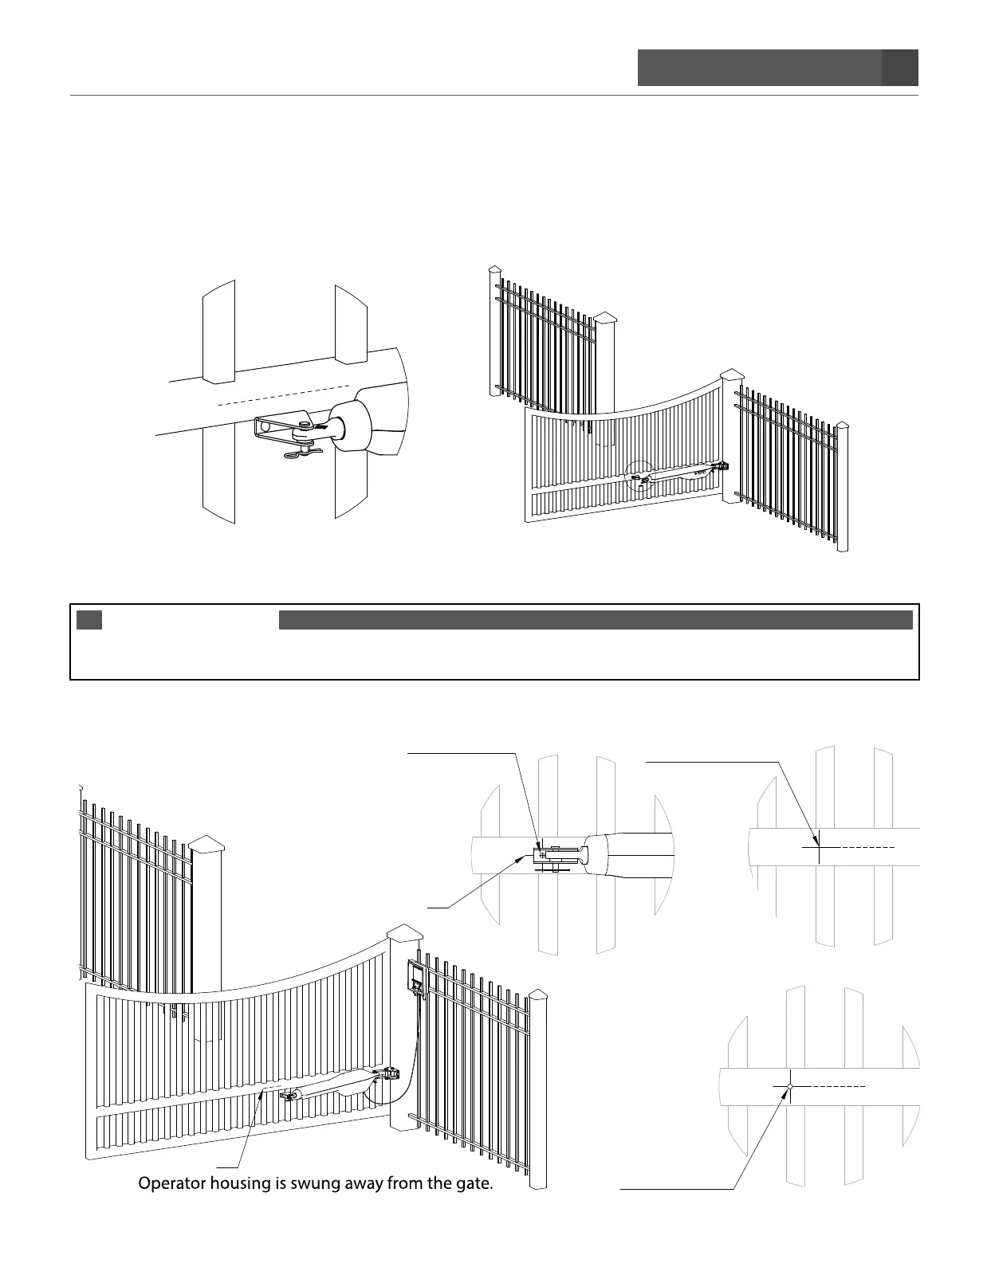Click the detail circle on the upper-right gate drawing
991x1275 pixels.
point(639,477)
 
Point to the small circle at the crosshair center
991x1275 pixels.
point(788,1087)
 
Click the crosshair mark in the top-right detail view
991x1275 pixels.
point(819,849)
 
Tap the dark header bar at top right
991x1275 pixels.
point(777,68)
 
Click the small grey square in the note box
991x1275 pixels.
point(89,620)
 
